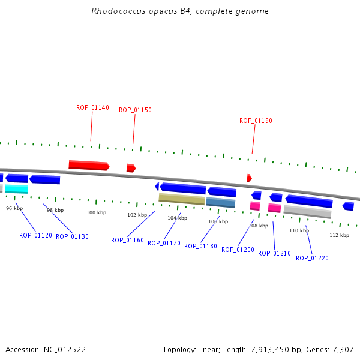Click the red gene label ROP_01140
pyautogui.click(x=92, y=108)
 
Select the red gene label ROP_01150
pyautogui.click(x=135, y=110)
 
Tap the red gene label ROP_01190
pyautogui.click(x=256, y=121)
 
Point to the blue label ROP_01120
pyautogui.click(x=35, y=236)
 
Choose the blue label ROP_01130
pyautogui.click(x=72, y=237)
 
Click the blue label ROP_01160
pyautogui.click(x=127, y=241)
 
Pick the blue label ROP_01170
pyautogui.click(x=164, y=244)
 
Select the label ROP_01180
pyautogui.click(x=200, y=247)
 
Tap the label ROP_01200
pyautogui.click(x=238, y=250)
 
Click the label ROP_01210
pyautogui.click(x=274, y=254)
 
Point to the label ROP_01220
pyautogui.click(x=312, y=258)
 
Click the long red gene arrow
pyautogui.click(x=88, y=165)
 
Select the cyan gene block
pyautogui.click(x=16, y=189)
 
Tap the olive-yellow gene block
pyautogui.click(x=182, y=199)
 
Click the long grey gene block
pyautogui.click(x=307, y=212)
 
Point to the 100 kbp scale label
pyautogui.click(x=96, y=213)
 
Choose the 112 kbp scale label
pyautogui.click(x=339, y=235)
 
